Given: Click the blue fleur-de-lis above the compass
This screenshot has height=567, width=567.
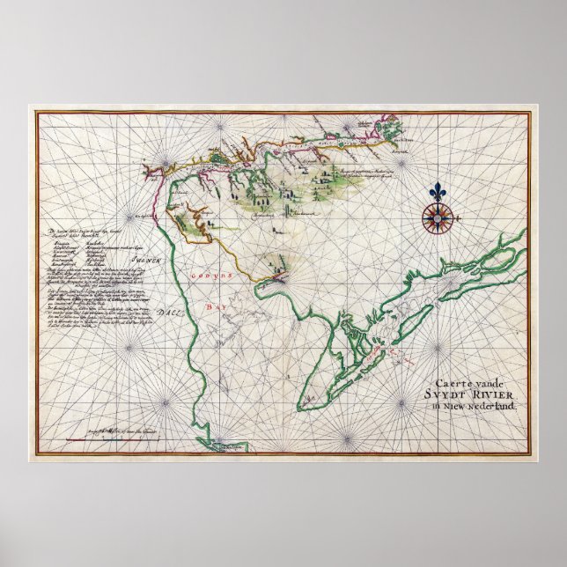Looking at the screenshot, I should coord(438,191).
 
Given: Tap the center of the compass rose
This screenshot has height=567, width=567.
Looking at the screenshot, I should coord(434,217).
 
